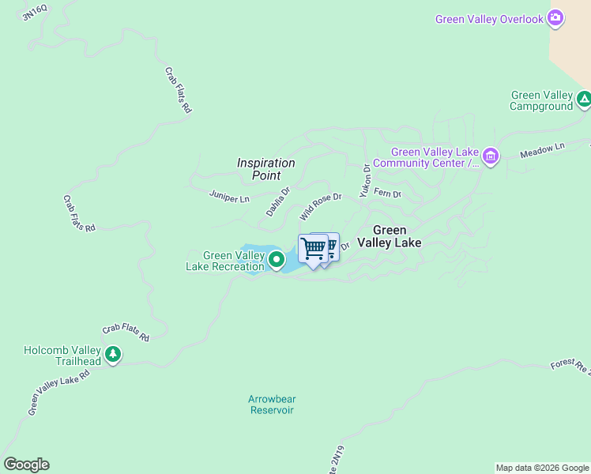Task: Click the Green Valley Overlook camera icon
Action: [555, 18]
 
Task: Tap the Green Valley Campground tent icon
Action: [584, 100]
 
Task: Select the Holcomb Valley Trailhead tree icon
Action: [113, 355]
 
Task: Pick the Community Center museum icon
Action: [491, 156]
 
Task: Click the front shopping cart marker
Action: [313, 249]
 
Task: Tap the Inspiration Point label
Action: [265, 168]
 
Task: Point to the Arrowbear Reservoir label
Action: [272, 404]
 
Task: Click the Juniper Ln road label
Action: [229, 196]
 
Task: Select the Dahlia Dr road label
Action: [278, 201]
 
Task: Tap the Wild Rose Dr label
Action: [320, 207]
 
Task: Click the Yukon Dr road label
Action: [365, 180]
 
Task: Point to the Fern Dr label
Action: [387, 193]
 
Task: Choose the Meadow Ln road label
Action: [543, 151]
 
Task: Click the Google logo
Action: [26, 465]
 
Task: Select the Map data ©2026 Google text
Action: [542, 468]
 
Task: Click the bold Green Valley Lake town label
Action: [389, 237]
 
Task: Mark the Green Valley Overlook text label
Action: [489, 19]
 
